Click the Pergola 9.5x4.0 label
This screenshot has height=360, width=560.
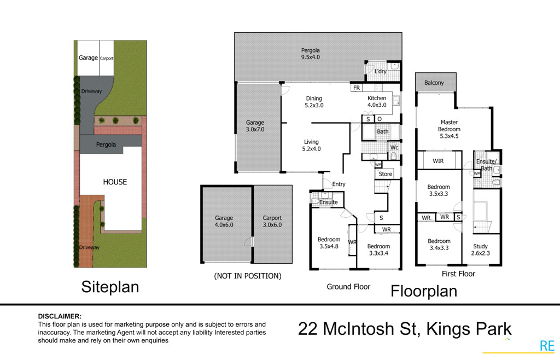pyautogui.click(x=311, y=53)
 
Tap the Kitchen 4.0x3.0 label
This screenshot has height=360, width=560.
pyautogui.click(x=377, y=102)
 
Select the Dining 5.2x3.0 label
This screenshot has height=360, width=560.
pyautogui.click(x=314, y=102)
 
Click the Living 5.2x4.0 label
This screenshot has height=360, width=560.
pyautogui.click(x=311, y=146)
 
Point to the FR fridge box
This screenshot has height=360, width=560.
pyautogui.click(x=357, y=88)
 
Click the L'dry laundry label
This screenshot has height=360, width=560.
pyautogui.click(x=380, y=72)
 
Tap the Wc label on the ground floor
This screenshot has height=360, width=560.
pyautogui.click(x=394, y=147)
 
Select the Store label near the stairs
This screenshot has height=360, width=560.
pyautogui.click(x=386, y=174)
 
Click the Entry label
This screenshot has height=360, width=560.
pyautogui.click(x=339, y=184)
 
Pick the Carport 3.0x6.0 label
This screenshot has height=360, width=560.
pyautogui.click(x=272, y=222)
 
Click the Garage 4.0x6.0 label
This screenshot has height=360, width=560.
pyautogui.click(x=224, y=222)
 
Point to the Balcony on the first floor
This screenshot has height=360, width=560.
pyautogui.click(x=434, y=83)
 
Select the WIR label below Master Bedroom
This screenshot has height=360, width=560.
pyautogui.click(x=438, y=161)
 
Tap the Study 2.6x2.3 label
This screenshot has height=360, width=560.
pyautogui.click(x=480, y=250)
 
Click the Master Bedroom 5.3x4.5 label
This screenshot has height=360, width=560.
pyautogui.click(x=449, y=126)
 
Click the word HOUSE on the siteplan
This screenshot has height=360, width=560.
pyautogui.click(x=115, y=182)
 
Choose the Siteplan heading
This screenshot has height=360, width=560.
pyautogui.click(x=110, y=287)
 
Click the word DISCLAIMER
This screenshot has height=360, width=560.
pyautogui.click(x=60, y=316)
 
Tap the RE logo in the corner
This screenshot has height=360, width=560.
pyautogui.click(x=547, y=346)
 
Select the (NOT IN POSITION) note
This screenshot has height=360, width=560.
pyautogui.click(x=248, y=276)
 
